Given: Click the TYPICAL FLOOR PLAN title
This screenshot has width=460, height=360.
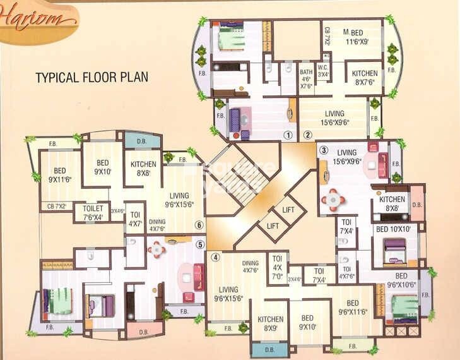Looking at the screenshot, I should [91, 78].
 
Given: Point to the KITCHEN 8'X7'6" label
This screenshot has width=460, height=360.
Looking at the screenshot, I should [365, 77].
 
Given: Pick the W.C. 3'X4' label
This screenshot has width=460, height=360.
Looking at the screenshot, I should [323, 71].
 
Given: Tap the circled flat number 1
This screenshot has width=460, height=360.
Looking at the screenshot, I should [288, 135].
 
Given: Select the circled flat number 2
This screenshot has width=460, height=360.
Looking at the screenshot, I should [308, 135].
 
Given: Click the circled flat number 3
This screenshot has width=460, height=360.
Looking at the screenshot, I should [324, 150].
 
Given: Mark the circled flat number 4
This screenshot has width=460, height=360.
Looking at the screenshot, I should [216, 257].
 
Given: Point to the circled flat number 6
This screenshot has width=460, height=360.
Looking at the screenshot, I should [199, 225].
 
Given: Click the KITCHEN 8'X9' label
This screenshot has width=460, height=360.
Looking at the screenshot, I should [270, 323].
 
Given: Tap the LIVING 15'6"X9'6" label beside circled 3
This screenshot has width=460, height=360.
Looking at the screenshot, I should [346, 157].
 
